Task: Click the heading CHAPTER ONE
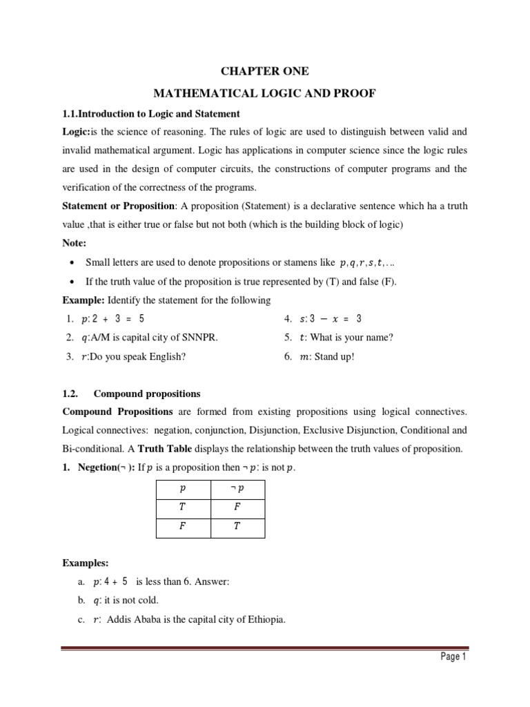(264, 71)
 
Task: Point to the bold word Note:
(75, 244)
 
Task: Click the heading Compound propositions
(147, 394)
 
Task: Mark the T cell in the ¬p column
(237, 527)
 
